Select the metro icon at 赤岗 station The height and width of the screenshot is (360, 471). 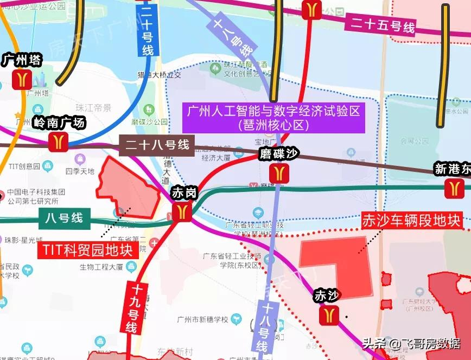click(182, 211)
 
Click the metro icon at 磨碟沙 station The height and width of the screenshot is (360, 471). click(279, 173)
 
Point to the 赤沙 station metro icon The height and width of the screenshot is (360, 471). click(329, 314)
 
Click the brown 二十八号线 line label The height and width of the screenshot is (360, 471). click(157, 146)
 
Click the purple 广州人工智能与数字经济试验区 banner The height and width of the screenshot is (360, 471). click(273, 118)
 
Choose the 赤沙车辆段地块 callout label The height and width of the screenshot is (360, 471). click(412, 221)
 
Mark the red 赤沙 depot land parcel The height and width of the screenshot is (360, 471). click(336, 266)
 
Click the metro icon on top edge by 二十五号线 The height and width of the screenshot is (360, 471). click(312, 9)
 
